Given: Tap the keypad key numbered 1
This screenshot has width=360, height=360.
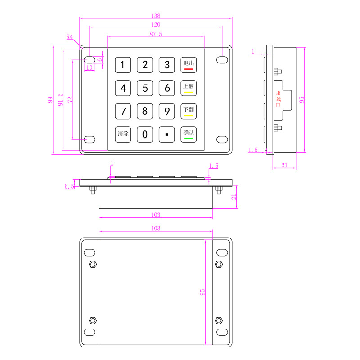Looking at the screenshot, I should pyautogui.click(x=123, y=65).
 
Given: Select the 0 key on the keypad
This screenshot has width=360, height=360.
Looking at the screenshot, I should pyautogui.click(x=145, y=134).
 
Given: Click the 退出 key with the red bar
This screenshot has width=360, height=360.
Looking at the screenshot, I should pyautogui.click(x=189, y=65).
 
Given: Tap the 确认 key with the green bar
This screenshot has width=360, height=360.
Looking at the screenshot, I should pyautogui.click(x=189, y=134).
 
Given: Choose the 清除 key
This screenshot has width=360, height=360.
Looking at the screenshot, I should pyautogui.click(x=123, y=134).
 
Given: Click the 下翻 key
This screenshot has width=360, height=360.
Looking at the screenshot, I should pyautogui.click(x=189, y=111).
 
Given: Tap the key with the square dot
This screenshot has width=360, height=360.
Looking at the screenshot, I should pyautogui.click(x=167, y=134).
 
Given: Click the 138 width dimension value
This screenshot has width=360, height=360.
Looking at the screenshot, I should pyautogui.click(x=156, y=14).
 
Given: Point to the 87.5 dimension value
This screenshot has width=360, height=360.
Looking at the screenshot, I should pyautogui.click(x=156, y=34).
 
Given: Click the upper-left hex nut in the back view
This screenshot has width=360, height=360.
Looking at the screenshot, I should pyautogui.click(x=93, y=264).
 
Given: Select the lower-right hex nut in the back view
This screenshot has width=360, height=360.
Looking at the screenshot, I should pyautogui.click(x=219, y=320).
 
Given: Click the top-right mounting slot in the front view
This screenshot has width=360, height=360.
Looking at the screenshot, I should pyautogui.click(x=222, y=59).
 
